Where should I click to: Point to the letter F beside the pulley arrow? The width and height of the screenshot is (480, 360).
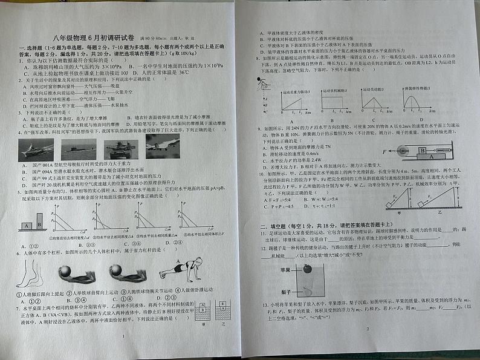tap(383, 149)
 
